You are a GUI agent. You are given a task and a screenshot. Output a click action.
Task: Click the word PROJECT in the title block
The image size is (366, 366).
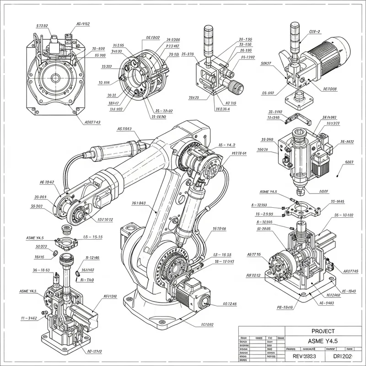coord(323,331)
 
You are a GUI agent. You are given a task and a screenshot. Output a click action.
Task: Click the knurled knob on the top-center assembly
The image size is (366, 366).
coord(236,85)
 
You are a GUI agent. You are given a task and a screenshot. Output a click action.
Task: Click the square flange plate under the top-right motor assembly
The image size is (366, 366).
coord(300,98)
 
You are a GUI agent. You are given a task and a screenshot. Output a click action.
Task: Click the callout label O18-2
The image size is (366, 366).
coord(315,32)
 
